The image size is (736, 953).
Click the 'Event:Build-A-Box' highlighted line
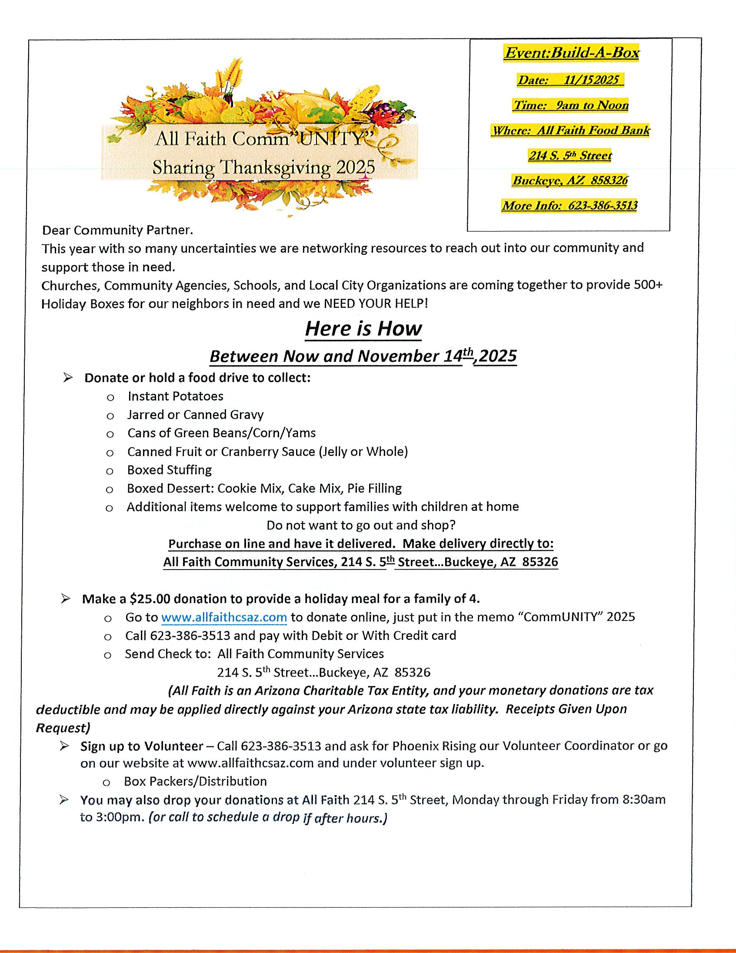point(571,53)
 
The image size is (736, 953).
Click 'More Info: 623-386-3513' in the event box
point(570,206)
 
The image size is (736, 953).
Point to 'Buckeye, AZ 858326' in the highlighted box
point(570,180)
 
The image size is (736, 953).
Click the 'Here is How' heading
point(363,329)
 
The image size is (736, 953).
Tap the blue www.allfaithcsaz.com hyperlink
point(224,617)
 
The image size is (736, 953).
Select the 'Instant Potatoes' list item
point(175,396)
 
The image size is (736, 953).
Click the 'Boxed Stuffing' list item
point(169,470)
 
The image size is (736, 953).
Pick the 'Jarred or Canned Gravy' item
point(195,414)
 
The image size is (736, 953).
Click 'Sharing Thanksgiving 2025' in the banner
point(263,167)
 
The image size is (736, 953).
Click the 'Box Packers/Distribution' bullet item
point(195,781)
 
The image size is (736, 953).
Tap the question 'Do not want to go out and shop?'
point(361,525)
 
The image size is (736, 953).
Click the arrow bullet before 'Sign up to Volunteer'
point(65,746)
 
